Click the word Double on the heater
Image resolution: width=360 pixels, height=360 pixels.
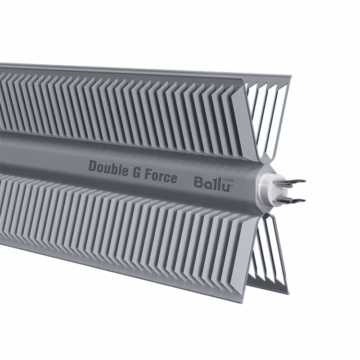(x=108, y=167)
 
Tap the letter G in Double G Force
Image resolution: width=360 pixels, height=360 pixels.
(x=135, y=171)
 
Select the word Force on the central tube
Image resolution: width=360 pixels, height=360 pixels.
(x=160, y=176)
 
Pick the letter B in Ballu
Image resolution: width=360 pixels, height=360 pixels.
(x=198, y=182)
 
